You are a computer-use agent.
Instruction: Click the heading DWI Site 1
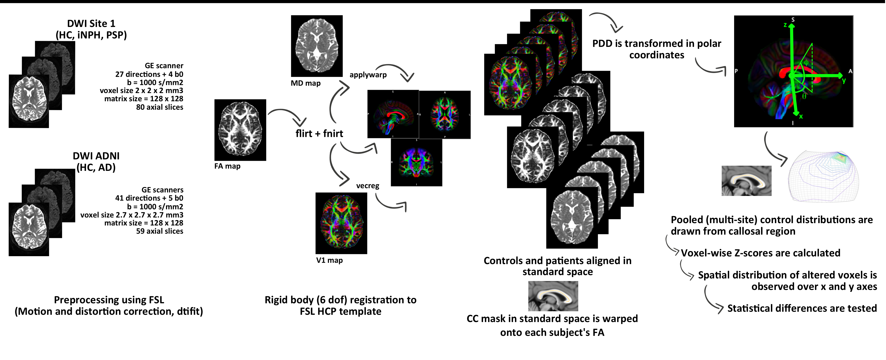click(x=91, y=24)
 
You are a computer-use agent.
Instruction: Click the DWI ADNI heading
click(x=96, y=156)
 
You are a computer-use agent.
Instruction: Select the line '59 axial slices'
click(x=160, y=231)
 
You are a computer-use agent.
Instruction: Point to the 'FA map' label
click(x=227, y=166)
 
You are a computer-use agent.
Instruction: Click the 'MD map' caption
click(x=305, y=83)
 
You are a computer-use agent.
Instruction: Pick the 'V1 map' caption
click(x=329, y=260)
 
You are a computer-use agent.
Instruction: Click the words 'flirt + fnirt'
click(x=319, y=133)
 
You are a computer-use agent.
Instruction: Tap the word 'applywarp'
click(x=368, y=75)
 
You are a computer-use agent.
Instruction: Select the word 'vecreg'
click(x=368, y=186)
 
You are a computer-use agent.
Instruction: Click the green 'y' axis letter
click(x=844, y=80)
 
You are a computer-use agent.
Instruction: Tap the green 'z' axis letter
click(x=785, y=25)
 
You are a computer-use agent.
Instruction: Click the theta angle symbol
click(x=804, y=96)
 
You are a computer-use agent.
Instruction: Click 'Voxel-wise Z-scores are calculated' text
click(x=760, y=253)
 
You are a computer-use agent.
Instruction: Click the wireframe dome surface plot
click(x=823, y=176)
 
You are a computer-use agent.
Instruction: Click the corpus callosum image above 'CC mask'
click(x=553, y=296)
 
